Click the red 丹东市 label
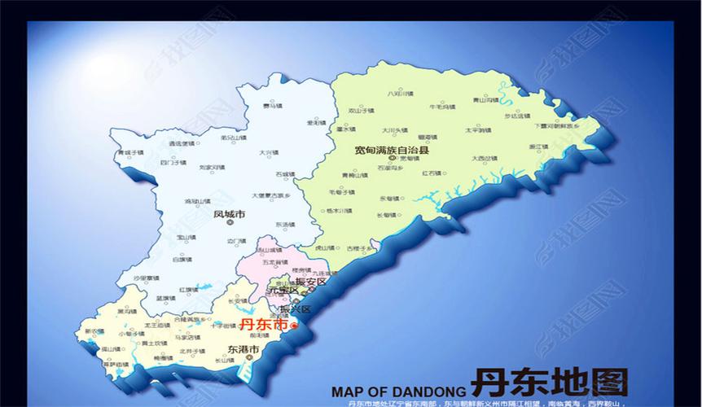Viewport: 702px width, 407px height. click(x=265, y=324)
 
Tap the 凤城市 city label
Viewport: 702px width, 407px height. click(x=229, y=216)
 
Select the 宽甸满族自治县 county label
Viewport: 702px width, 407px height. click(x=392, y=151)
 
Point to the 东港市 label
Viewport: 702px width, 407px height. click(x=242, y=349)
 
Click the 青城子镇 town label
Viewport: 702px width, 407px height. click(x=130, y=152)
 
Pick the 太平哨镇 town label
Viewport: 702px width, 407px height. click(x=477, y=129)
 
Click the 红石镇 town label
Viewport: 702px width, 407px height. click(x=432, y=173)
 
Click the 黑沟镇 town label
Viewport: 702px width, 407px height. click(x=126, y=311)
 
